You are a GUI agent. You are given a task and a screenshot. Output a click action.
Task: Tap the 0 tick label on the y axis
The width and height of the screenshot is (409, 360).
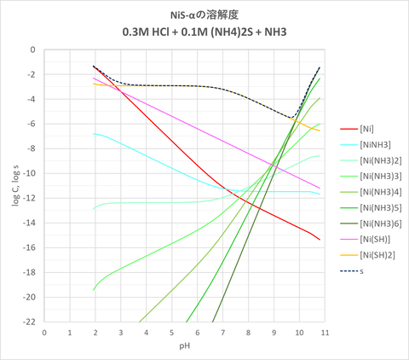click(32, 49)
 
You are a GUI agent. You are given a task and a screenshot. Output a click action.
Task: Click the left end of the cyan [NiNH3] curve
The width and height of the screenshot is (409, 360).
click(93, 134)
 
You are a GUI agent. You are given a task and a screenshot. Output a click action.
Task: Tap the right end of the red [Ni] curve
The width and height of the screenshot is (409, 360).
click(320, 240)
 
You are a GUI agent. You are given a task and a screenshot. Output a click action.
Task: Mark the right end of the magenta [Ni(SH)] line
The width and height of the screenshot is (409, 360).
click(320, 188)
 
